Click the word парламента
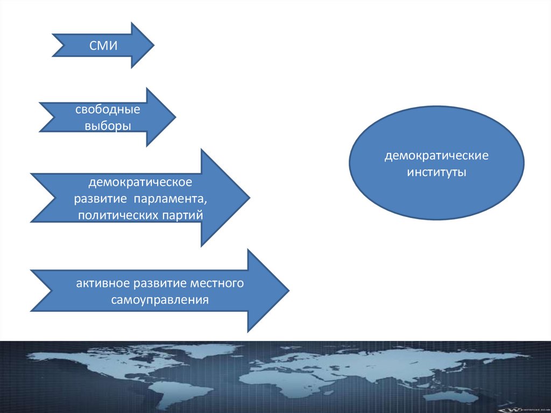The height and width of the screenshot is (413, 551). coord(176,199)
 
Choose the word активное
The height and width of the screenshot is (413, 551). coord(103,283)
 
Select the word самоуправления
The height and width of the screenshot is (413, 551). coord(160,299)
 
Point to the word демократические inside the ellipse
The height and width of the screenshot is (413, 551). coord(436,157)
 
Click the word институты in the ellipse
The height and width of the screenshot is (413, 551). coord(436,173)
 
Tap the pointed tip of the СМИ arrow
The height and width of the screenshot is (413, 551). coord(154,45)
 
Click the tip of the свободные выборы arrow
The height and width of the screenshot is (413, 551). coord(175,117)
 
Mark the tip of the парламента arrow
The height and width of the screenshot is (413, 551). coord(249,198)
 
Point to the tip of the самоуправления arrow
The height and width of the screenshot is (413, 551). coord(289,291)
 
